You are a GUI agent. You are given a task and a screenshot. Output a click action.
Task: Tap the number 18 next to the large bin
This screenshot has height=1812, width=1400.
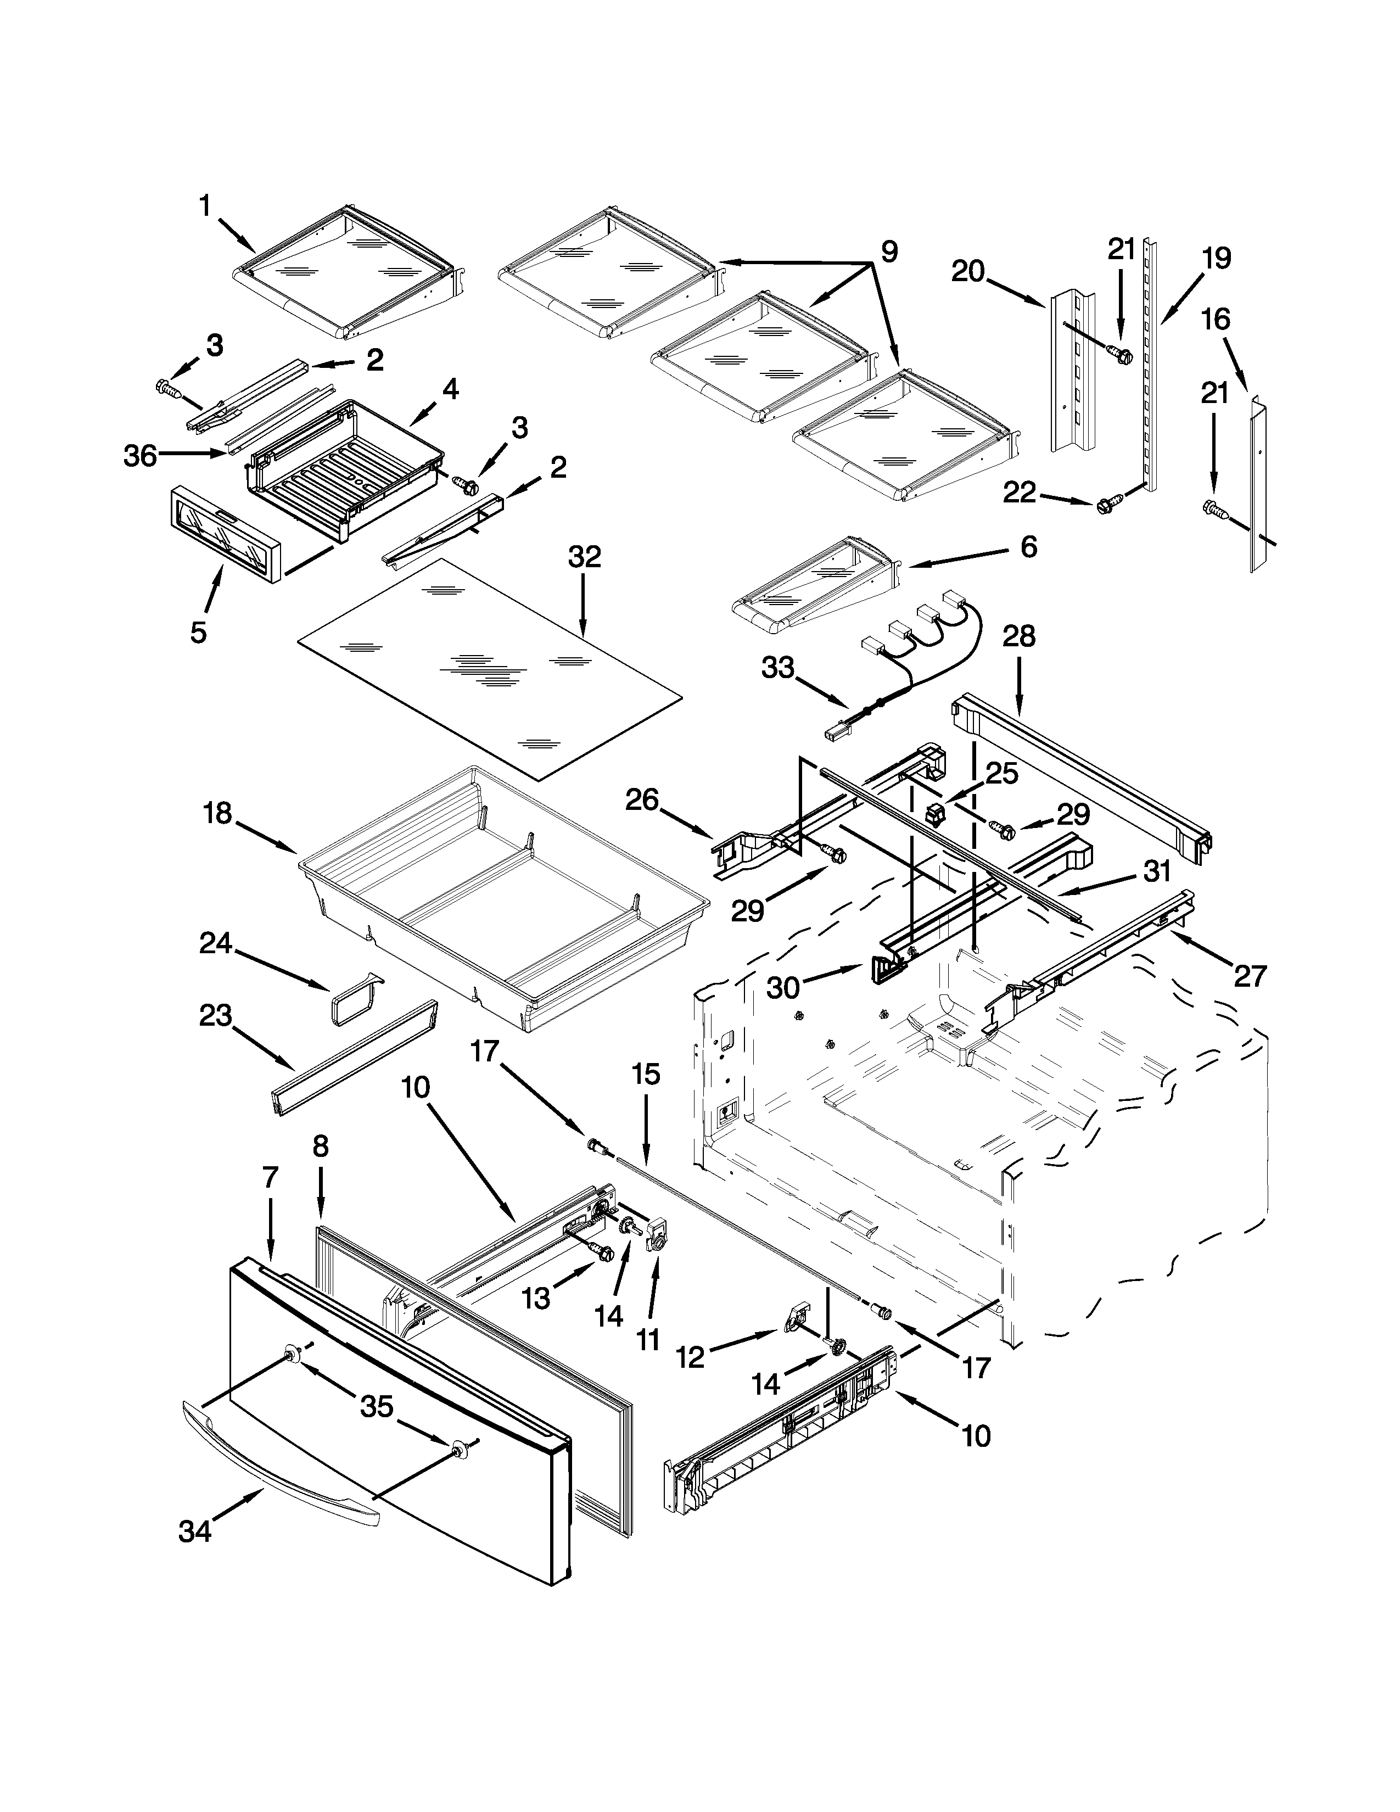click(217, 814)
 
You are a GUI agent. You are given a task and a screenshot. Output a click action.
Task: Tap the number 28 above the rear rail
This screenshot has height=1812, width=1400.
click(1018, 637)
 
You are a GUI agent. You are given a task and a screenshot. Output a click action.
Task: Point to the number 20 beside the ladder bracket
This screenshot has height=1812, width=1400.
click(968, 271)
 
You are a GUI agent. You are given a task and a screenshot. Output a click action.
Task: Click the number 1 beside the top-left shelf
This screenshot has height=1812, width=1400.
click(205, 206)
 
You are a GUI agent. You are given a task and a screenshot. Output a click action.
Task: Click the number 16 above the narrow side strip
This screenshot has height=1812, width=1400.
click(1216, 320)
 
